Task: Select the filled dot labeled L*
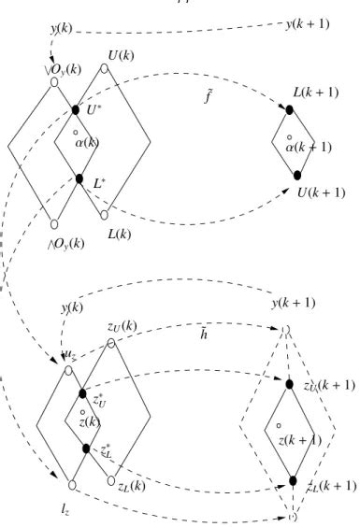79,178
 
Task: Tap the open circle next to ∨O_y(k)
54,80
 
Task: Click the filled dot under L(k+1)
290,110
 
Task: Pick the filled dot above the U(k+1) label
296,176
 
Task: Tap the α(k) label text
86,142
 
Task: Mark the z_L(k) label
130,487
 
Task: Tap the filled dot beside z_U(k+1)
291,382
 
